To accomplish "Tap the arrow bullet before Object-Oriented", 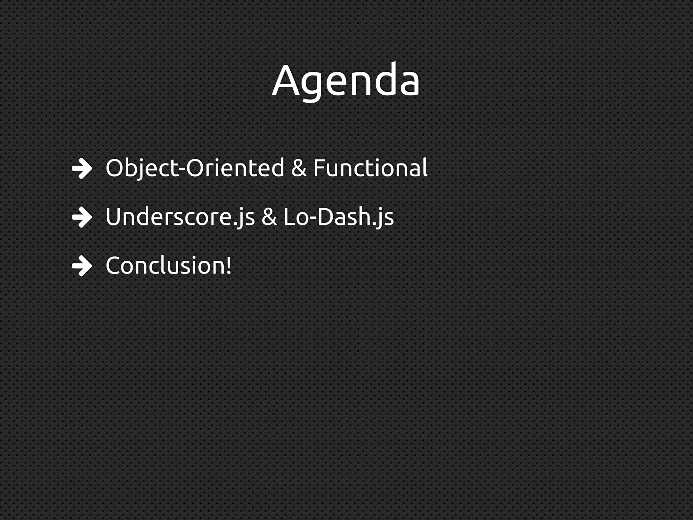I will tap(82, 169).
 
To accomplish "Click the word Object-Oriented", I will tap(195, 168).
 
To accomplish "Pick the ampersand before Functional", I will tap(298, 168).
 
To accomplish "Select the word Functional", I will tap(370, 168).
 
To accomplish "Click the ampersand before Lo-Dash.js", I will tap(269, 217).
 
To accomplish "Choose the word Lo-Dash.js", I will tap(338, 217).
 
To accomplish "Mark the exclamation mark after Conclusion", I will tap(229, 266).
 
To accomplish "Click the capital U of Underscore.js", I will tap(114, 217).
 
